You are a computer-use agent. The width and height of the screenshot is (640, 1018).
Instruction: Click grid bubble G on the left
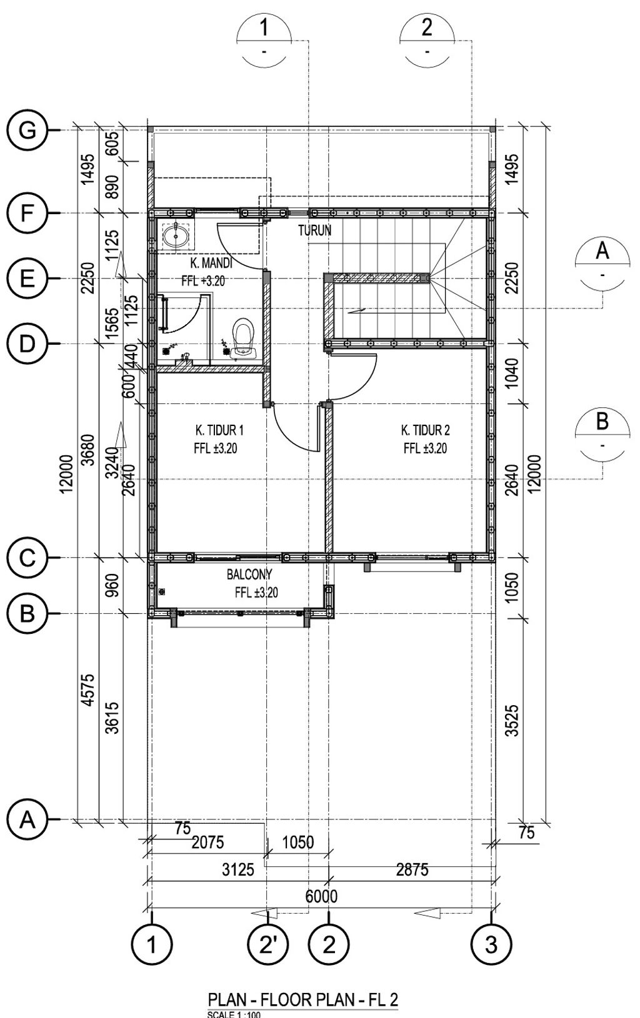[27, 131]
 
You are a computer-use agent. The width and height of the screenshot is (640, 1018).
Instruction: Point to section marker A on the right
[602, 264]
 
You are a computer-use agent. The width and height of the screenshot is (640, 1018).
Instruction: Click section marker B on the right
[602, 435]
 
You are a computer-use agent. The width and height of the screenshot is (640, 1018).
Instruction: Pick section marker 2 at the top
[427, 41]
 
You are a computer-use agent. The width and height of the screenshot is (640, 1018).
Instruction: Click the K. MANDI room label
[211, 263]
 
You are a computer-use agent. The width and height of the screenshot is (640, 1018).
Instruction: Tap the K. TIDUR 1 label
[220, 430]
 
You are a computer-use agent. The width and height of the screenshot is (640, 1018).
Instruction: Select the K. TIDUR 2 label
[425, 430]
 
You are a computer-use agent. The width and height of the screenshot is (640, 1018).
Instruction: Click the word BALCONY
[249, 575]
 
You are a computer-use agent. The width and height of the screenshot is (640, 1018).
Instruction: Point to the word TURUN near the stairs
[315, 230]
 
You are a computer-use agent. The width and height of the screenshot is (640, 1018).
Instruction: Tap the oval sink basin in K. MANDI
[176, 236]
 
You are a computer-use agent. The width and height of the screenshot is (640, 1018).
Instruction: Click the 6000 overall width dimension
[321, 896]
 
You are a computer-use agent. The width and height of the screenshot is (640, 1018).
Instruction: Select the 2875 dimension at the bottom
[412, 869]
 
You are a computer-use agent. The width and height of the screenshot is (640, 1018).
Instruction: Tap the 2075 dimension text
[207, 843]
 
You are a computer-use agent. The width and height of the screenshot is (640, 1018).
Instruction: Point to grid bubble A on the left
[27, 820]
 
